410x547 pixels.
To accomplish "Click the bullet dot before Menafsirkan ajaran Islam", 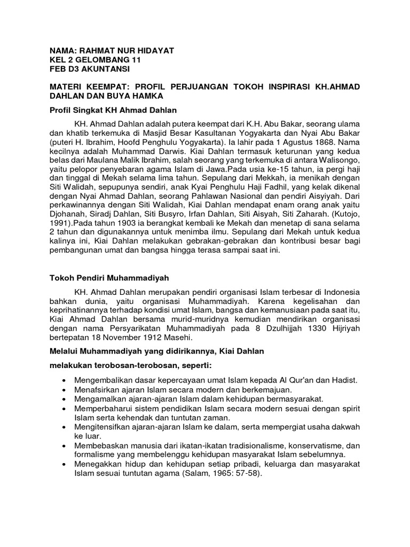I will coord(65,389).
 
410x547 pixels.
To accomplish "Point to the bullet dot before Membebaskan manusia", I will coord(65,445).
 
